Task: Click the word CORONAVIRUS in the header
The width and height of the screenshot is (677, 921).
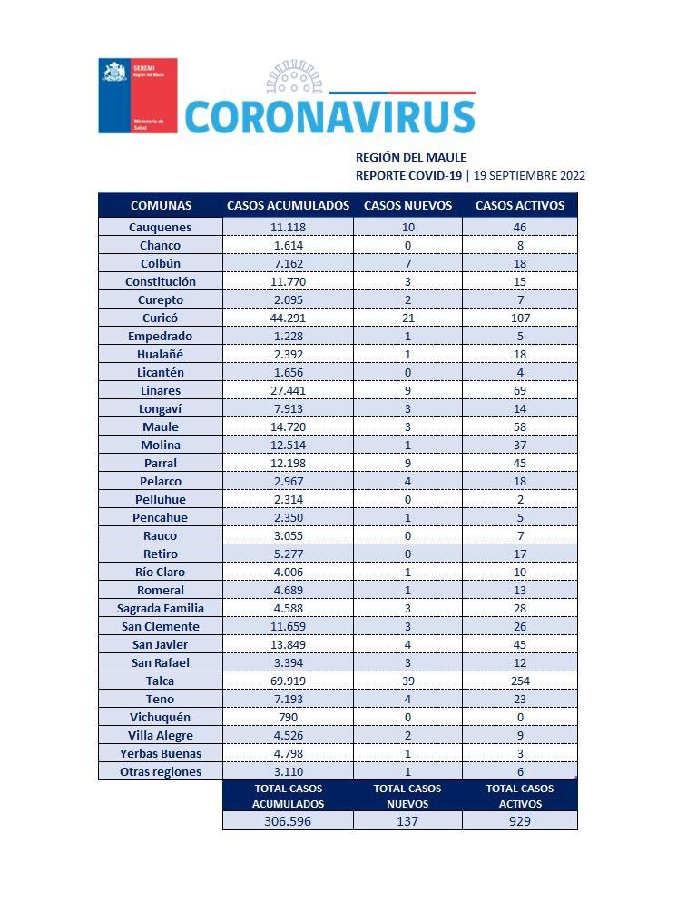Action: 329,117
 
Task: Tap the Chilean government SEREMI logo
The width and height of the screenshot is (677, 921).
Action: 137,95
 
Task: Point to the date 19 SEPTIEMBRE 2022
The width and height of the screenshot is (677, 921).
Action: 530,176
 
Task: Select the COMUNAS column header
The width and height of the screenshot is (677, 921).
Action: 161,205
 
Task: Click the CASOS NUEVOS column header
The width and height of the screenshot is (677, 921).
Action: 407,205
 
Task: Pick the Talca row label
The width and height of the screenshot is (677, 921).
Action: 160,681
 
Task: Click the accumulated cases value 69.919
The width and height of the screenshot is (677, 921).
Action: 287,681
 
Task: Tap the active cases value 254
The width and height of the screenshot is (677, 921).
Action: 520,681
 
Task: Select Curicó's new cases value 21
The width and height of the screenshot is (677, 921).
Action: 407,318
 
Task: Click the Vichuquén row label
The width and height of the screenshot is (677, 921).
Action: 160,717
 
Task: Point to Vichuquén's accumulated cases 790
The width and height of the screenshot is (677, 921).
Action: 287,717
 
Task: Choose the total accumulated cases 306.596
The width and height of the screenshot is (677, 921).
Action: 287,820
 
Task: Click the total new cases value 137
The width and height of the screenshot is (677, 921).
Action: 407,820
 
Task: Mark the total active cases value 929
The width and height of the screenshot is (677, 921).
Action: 520,820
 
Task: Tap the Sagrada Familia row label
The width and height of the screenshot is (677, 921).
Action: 160,608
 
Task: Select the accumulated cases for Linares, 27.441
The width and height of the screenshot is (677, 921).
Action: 287,390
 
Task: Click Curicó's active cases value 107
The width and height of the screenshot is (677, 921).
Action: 520,318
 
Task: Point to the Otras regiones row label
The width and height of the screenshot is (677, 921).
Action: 160,771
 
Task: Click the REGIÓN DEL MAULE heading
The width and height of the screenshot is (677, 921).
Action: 410,158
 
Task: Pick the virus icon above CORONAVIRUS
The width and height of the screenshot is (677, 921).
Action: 295,79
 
